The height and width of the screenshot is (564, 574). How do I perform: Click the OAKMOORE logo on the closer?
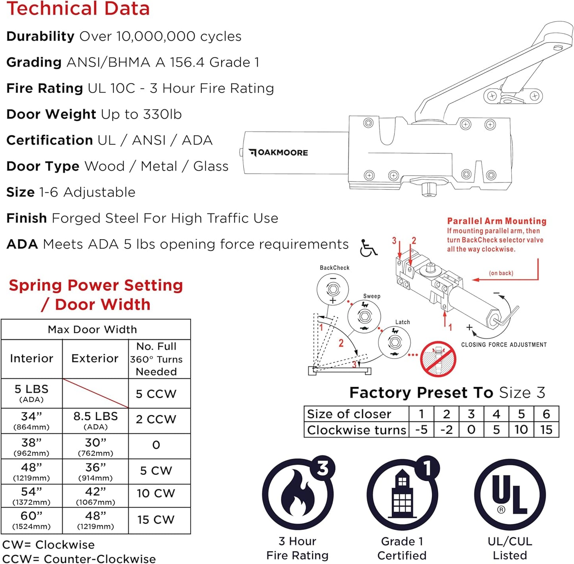278,153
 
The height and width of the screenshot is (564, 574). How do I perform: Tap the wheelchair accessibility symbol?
368,248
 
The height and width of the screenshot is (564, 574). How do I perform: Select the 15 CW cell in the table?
156,519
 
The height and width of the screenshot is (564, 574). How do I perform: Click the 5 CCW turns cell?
156,393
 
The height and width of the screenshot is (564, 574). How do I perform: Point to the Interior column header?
31,359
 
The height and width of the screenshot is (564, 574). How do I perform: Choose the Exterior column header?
95,359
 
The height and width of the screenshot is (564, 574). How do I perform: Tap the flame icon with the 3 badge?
298,494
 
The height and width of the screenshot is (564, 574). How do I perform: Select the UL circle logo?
510,495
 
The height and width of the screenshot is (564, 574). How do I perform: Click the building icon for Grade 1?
402,494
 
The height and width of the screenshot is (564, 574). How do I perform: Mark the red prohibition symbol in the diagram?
438,359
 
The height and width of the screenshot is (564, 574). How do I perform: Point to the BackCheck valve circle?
333,289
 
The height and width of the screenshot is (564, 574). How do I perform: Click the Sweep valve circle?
364,317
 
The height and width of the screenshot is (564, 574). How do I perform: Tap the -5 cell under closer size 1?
421,430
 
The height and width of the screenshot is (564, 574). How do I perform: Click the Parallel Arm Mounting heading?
497,221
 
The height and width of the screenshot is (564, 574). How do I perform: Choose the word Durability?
40,36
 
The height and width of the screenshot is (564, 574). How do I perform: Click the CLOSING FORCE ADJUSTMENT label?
504,345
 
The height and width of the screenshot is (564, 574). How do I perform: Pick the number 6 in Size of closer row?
546,414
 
